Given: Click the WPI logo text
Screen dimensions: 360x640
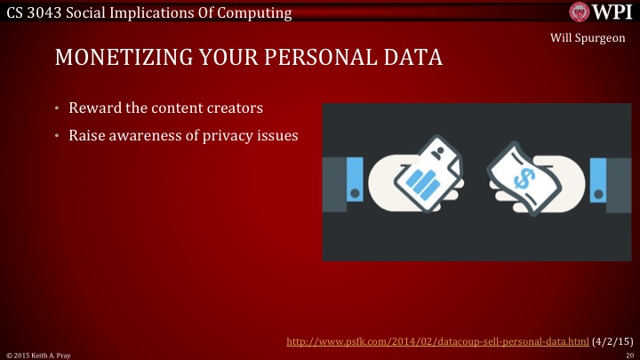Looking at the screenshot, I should [x=611, y=12].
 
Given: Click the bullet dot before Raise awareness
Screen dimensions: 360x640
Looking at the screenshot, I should [x=55, y=136].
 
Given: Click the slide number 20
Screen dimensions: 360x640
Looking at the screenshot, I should [x=628, y=354].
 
